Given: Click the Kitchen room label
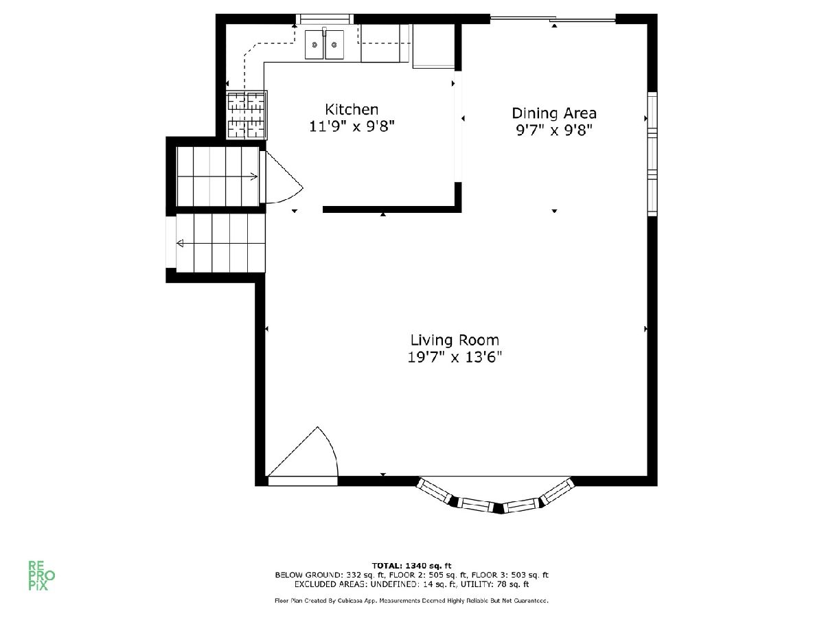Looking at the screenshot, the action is click(x=352, y=110).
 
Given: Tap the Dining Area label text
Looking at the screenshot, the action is click(x=554, y=113).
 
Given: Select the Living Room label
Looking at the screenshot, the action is click(x=455, y=340).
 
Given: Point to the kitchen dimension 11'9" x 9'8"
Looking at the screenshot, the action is click(x=352, y=126).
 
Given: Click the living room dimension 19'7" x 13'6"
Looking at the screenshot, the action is click(x=455, y=357).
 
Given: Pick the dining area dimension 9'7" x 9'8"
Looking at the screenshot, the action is click(x=554, y=130).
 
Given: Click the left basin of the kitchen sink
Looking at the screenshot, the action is click(x=314, y=45).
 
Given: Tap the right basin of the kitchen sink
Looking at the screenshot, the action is click(x=334, y=45).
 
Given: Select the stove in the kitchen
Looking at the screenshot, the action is click(x=247, y=115).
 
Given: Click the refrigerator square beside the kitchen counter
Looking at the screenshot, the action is click(x=433, y=46).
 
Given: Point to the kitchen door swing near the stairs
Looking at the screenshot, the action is click(x=284, y=176).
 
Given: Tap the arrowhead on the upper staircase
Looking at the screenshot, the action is click(x=254, y=176).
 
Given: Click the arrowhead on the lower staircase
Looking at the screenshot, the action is click(x=180, y=244).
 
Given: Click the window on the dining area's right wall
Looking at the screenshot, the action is click(x=652, y=154).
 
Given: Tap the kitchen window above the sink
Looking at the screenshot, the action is click(x=325, y=19).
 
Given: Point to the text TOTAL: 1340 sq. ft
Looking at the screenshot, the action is click(x=411, y=565).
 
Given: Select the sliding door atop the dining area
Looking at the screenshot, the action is click(x=553, y=19).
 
